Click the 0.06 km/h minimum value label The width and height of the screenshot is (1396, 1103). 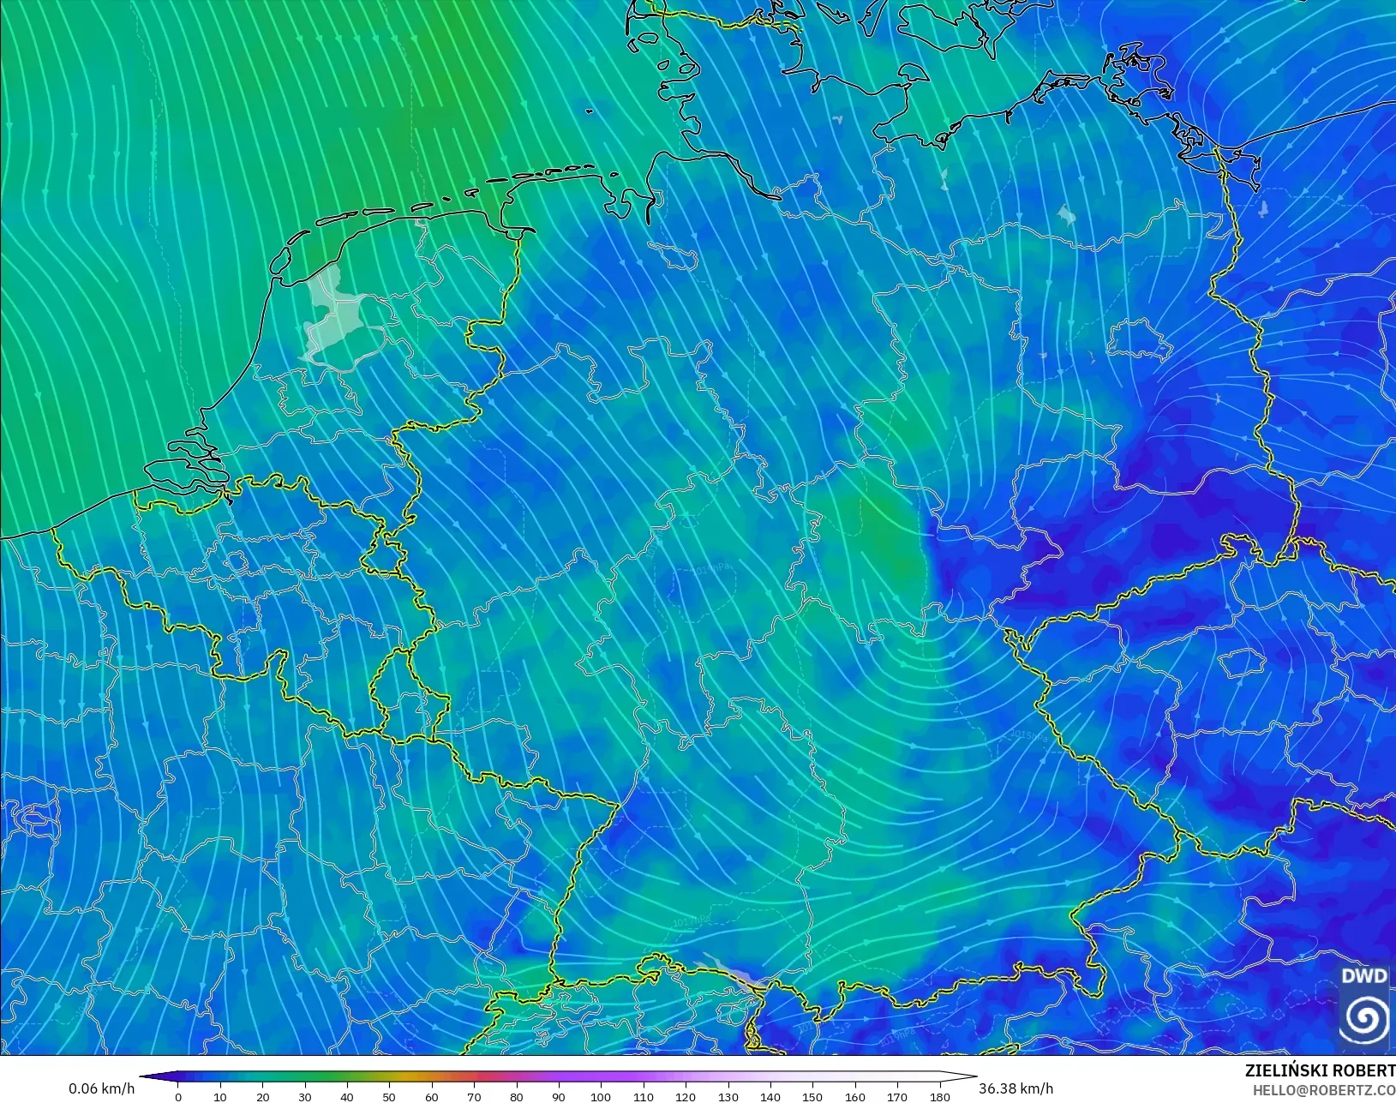[x=101, y=1088]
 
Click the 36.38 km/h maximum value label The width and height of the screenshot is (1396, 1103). [x=1016, y=1088]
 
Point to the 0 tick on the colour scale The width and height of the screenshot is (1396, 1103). [x=178, y=1096]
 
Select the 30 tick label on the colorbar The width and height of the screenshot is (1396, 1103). [x=305, y=1096]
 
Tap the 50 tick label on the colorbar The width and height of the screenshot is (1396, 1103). [x=390, y=1096]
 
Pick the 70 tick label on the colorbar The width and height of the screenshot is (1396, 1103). [x=474, y=1096]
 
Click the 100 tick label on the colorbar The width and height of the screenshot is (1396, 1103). [x=601, y=1096]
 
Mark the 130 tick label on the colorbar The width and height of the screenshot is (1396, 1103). [x=728, y=1096]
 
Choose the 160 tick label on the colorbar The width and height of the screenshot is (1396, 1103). [x=855, y=1096]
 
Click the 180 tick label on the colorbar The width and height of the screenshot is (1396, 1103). [x=939, y=1096]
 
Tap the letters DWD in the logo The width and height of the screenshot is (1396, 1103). [x=1364, y=976]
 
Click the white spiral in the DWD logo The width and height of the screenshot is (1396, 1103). [x=1365, y=1018]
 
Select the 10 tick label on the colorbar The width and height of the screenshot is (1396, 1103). [x=220, y=1096]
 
